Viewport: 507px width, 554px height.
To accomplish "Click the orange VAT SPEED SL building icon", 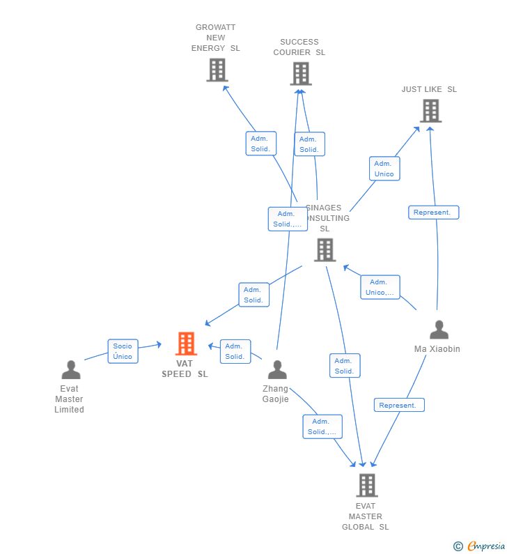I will (186, 344).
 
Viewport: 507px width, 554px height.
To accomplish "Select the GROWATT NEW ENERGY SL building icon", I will (217, 70).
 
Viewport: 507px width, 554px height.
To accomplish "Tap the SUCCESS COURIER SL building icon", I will (301, 73).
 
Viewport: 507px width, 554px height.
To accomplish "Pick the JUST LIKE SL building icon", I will (430, 111).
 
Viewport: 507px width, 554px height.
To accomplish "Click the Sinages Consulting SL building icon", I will (325, 249).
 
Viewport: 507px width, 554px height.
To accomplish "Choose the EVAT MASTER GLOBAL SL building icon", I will (366, 485).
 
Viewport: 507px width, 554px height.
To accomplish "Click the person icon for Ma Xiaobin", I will (439, 330).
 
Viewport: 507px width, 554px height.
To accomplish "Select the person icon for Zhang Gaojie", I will (277, 370).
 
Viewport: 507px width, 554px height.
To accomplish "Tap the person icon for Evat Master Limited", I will (70, 370).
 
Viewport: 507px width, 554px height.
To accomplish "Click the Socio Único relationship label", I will (123, 351).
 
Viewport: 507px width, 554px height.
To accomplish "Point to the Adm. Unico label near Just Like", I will (384, 169).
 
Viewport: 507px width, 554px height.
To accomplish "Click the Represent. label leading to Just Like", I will (433, 213).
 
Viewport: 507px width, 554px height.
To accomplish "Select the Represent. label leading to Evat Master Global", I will (398, 405).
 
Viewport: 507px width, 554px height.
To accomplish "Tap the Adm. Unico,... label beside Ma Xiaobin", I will (380, 287).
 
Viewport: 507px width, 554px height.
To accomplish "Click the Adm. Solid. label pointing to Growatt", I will (260, 144).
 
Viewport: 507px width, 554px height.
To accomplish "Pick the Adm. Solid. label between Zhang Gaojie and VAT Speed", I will (235, 351).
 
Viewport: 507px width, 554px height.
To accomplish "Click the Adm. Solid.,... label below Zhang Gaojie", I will (322, 426).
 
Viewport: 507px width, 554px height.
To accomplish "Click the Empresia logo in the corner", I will (480, 546).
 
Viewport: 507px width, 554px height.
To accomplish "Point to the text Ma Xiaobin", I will (437, 349).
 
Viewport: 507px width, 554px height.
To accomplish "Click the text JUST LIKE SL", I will (429, 89).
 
